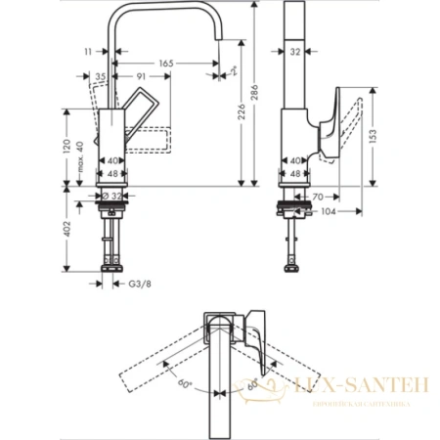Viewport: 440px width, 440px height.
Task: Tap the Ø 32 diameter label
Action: pos(115,196)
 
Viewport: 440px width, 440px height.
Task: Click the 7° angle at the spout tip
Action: pos(236,71)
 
